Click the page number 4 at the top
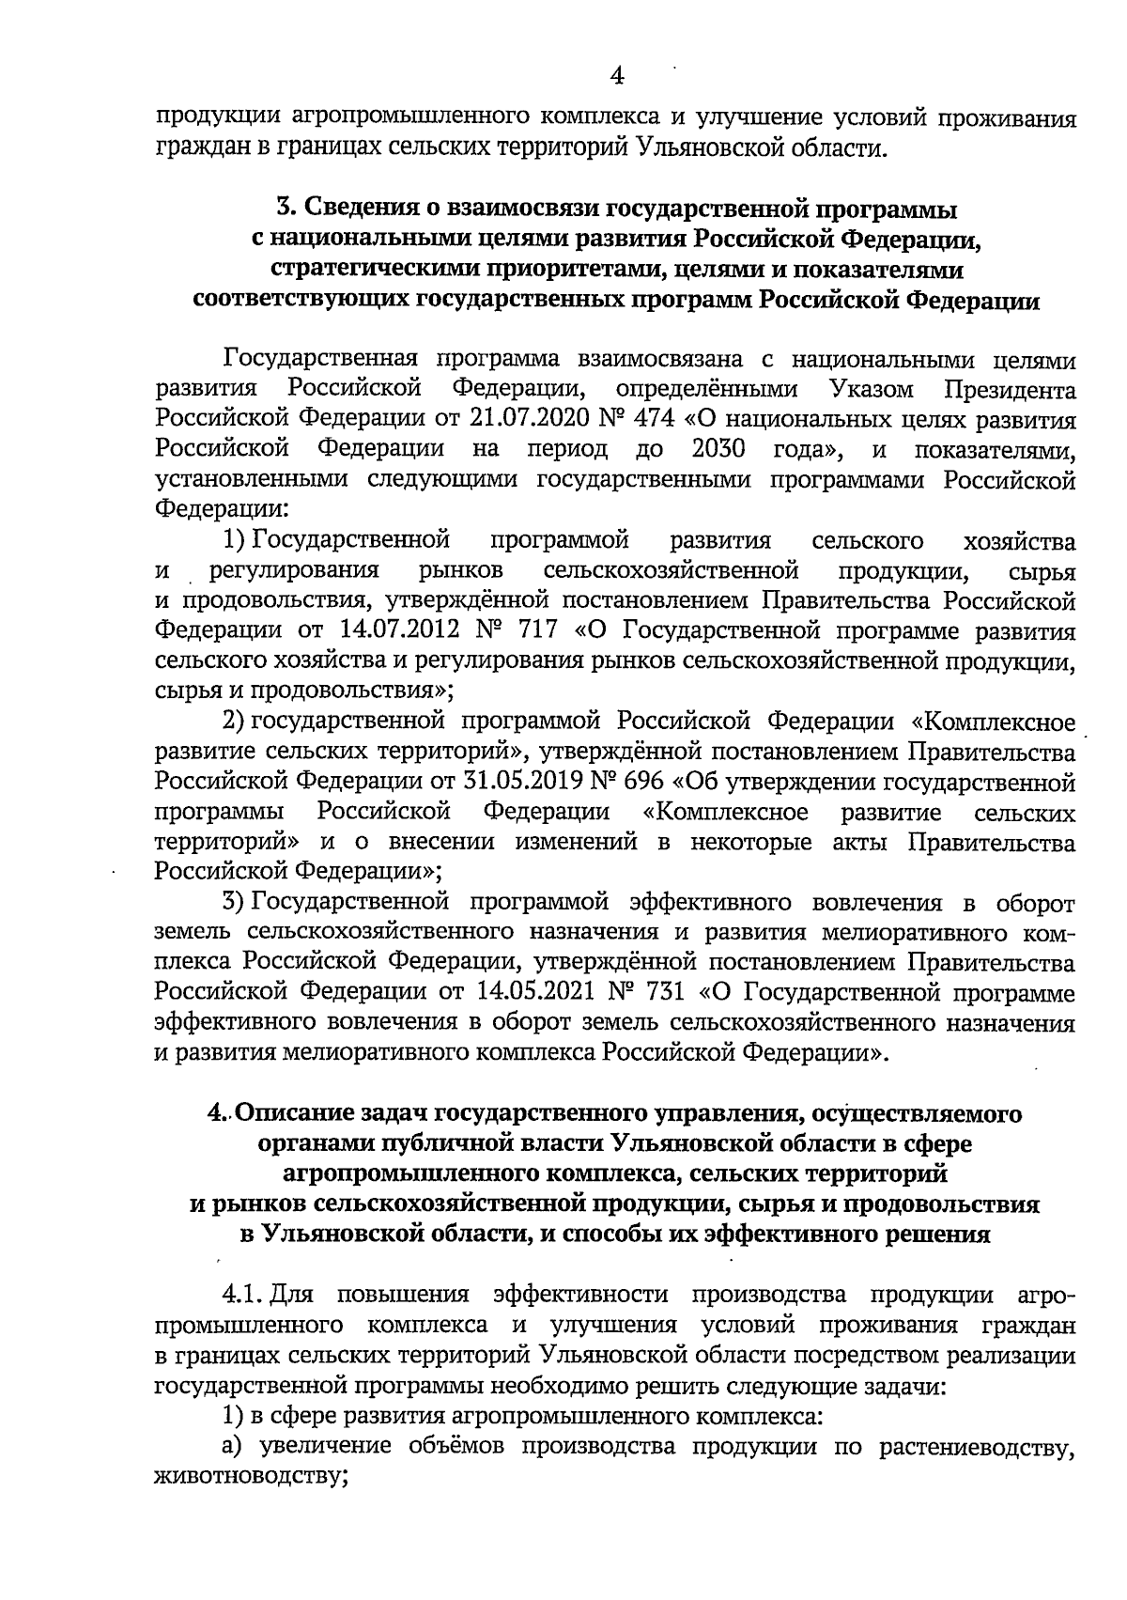(x=617, y=76)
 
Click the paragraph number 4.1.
(x=242, y=1295)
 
